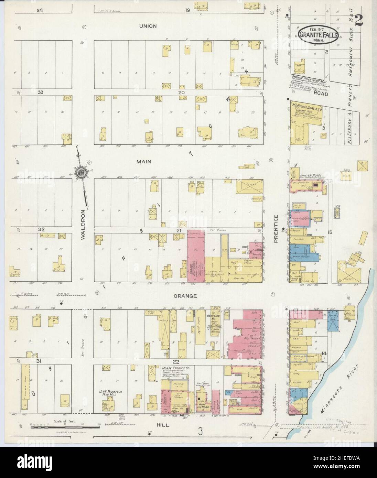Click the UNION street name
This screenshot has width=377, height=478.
[148, 26]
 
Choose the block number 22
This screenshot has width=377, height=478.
[176, 361]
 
